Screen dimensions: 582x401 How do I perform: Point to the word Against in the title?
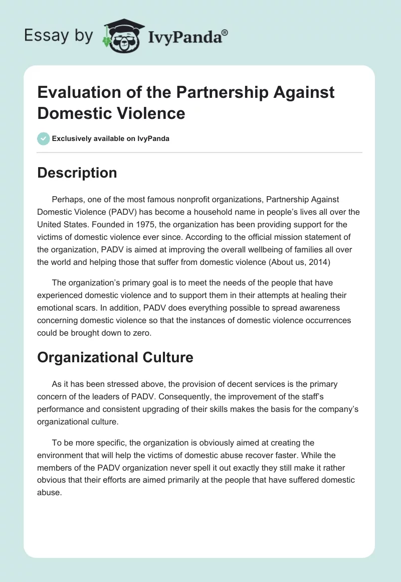click(x=301, y=92)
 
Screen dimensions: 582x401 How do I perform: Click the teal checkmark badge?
click(x=44, y=138)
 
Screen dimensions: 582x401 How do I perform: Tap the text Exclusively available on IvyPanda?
click(x=111, y=138)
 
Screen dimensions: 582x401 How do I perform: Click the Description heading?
click(x=77, y=173)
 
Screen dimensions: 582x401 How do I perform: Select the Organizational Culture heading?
click(x=115, y=358)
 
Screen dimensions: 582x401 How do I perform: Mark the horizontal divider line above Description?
click(x=200, y=152)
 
